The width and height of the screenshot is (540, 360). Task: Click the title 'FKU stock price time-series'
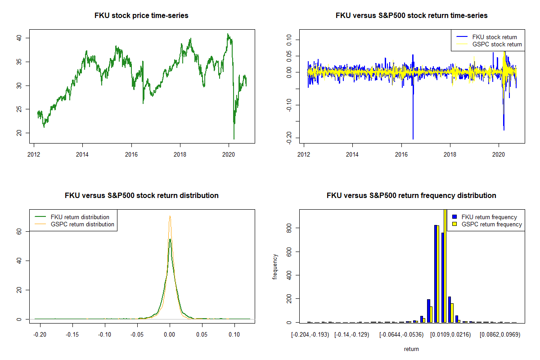pos(141,16)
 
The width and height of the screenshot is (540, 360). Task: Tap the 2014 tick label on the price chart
pos(82,152)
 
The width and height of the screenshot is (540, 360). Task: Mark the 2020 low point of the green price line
pos(234,139)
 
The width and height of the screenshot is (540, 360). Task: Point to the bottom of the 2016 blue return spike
pos(413,139)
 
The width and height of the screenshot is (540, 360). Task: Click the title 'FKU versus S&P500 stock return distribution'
pos(141,196)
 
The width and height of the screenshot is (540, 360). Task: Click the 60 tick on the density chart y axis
pos(20,231)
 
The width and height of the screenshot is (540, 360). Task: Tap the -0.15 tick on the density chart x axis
pos(72,335)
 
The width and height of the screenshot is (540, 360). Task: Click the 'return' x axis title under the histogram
pos(411,349)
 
